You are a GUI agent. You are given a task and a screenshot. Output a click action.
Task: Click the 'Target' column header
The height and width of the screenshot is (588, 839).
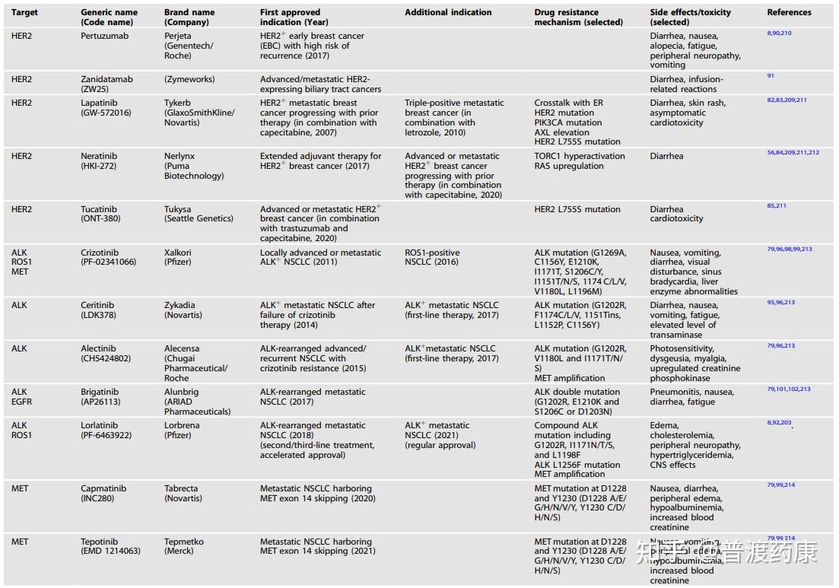24,12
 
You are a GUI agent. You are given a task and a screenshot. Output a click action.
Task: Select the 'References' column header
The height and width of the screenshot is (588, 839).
789,12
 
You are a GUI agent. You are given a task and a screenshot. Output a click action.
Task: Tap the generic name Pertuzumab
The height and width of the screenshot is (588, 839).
104,36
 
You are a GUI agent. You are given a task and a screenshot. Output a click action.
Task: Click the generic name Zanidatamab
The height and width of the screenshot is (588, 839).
107,79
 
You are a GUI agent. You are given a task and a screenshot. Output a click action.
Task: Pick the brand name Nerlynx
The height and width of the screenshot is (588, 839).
180,156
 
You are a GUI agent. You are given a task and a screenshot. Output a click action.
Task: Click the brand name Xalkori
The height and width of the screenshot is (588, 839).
180,253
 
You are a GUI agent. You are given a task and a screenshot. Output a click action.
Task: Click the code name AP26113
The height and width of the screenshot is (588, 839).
100,402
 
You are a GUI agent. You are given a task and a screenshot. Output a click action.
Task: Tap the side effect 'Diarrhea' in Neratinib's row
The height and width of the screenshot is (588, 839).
666,156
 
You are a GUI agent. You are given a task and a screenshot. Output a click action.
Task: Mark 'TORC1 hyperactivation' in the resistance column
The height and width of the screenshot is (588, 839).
580,156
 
